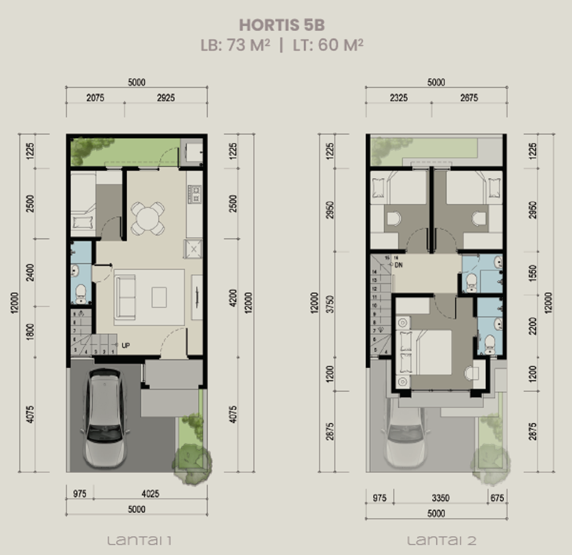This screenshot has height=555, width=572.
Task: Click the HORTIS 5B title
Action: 282,25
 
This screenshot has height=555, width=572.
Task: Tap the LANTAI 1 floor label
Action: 139,540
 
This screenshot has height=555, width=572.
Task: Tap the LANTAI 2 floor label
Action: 441,540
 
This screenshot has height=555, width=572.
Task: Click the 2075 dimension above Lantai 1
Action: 95,98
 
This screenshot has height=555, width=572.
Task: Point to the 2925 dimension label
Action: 165,98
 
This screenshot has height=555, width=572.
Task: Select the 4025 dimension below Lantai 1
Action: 150,494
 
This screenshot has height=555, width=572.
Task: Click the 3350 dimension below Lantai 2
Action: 441,498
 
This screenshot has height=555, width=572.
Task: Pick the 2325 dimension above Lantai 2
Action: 398,98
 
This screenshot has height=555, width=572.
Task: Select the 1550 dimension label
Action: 532,273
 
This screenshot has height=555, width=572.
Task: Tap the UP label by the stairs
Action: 126,346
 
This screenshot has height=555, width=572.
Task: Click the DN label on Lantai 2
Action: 398,265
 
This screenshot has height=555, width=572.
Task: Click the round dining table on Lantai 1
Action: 148,218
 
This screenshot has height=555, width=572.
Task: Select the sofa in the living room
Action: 125,297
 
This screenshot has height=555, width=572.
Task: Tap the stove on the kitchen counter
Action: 195,194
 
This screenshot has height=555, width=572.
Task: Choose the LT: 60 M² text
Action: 328,45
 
